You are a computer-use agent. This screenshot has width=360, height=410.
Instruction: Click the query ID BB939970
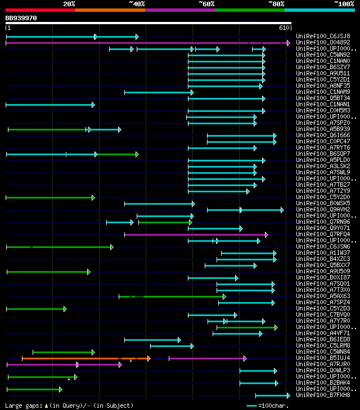[x=21, y=18]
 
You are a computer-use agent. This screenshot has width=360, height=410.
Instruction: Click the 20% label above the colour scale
[x=69, y=3]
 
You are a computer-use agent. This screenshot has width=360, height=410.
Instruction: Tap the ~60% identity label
[x=206, y=3]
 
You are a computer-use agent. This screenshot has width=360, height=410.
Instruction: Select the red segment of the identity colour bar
[x=40, y=10]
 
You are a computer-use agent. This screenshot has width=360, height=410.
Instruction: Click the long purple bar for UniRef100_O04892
[x=146, y=43]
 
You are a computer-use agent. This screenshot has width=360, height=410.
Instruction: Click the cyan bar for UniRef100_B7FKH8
[x=272, y=395]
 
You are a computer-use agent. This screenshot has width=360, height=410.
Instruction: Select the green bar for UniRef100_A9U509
[x=48, y=272]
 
